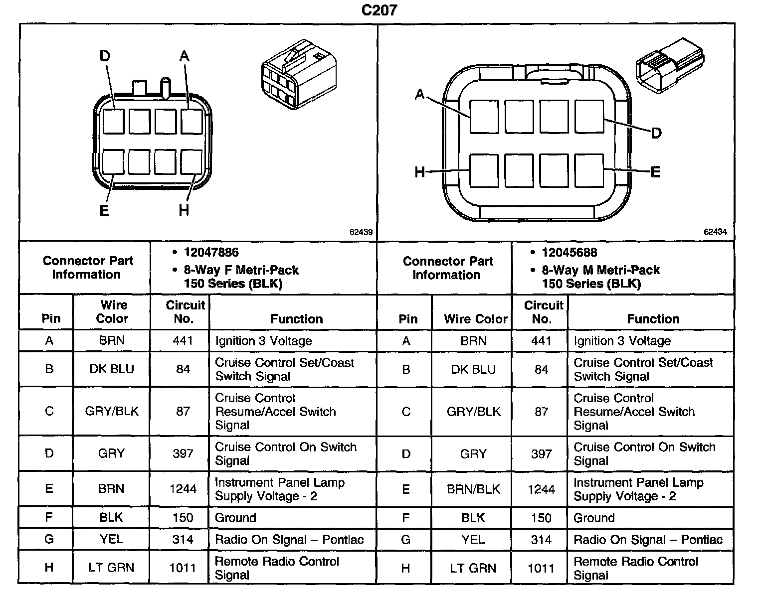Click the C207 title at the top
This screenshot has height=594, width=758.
pos(379,10)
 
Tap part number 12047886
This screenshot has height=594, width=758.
pos(211,253)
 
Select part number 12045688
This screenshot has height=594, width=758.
pos(569,253)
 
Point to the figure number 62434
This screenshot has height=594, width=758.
pos(715,232)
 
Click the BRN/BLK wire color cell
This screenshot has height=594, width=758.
pos(473,489)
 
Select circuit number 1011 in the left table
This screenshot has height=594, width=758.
pos(183,568)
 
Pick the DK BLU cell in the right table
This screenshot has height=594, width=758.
pos(473,369)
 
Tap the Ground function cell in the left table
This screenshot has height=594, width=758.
pos(235,518)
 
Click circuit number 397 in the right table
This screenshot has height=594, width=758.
pos(541,454)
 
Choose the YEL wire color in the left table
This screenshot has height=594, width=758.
pos(111,539)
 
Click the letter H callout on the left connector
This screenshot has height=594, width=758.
pos(184,211)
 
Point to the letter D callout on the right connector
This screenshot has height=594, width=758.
pos(656,133)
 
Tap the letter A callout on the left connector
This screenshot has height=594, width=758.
pos(185,56)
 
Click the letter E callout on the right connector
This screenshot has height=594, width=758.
pos(655,172)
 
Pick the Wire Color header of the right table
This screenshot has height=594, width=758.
pos(475,319)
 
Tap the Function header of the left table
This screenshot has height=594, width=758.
pos(297,319)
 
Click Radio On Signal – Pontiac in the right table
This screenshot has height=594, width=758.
pos(648,540)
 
